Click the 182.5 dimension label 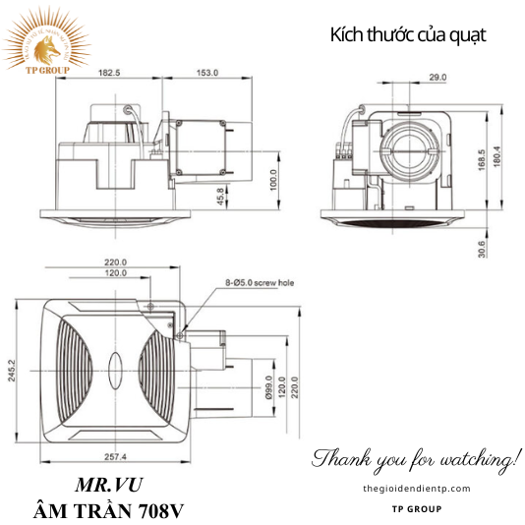109,73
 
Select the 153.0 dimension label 206,73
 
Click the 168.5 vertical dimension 481,158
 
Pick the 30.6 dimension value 480,249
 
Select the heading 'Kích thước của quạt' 408,35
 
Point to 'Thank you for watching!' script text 417,458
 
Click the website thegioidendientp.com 417,489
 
